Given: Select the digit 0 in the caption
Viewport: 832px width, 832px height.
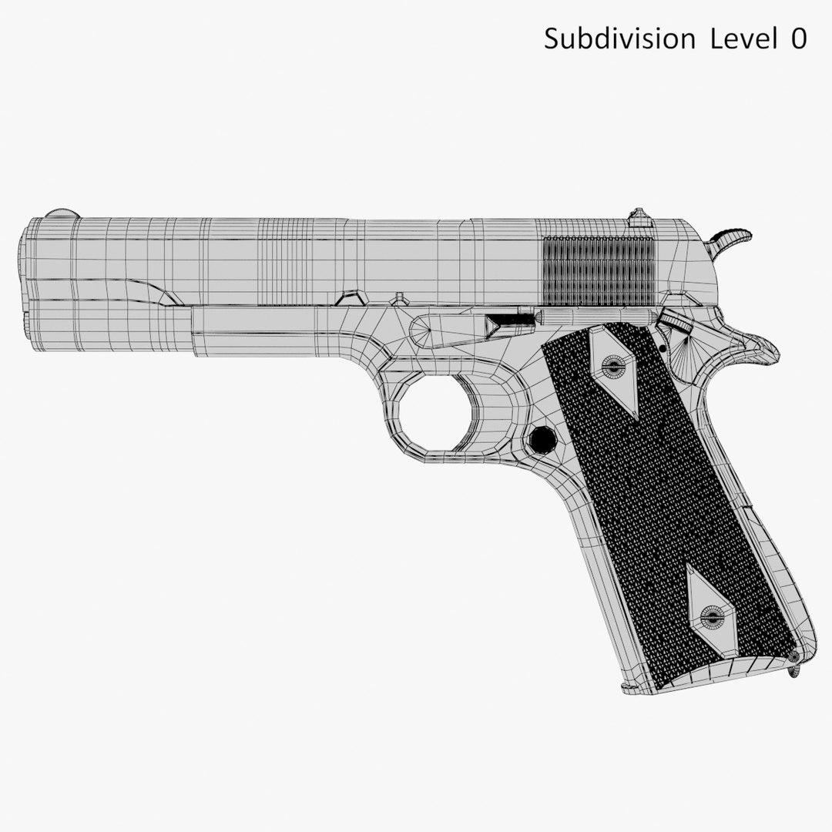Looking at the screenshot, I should pos(797,39).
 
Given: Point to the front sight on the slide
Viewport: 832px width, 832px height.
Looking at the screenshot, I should pos(60,214).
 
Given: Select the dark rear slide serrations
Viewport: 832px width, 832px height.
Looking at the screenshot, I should pos(599,271).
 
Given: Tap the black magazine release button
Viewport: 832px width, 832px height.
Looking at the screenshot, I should pos(543,439).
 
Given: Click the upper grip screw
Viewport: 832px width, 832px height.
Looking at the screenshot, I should pos(615,367).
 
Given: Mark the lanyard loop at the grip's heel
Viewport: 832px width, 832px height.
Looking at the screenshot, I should pos(793,669).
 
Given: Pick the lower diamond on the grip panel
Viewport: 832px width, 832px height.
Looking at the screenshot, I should pos(711,612).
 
